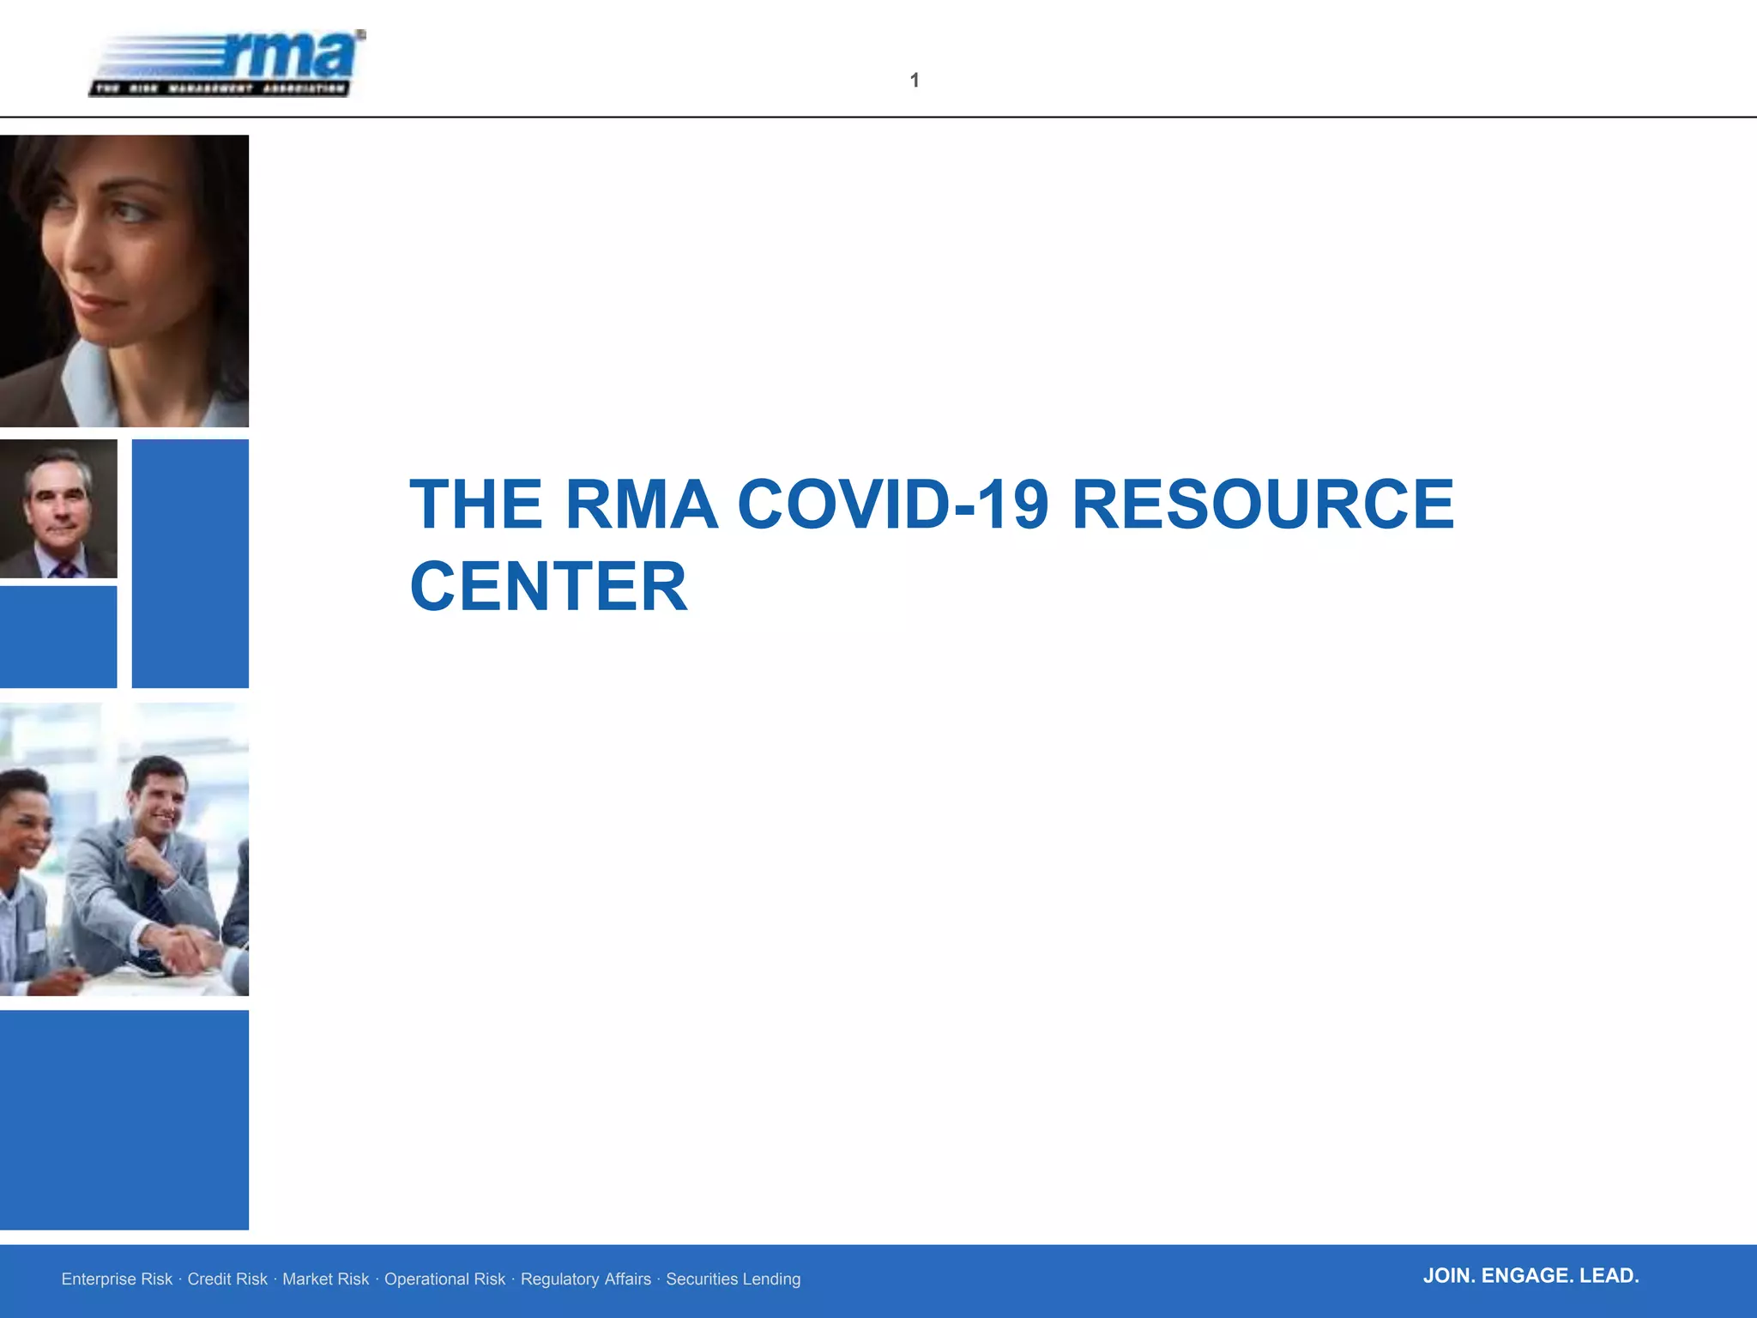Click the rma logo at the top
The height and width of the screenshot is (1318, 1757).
point(227,63)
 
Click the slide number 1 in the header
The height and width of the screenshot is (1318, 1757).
point(915,81)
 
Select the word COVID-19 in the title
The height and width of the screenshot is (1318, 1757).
point(892,505)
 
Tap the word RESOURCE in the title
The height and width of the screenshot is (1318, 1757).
point(1263,505)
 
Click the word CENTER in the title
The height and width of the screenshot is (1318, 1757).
point(549,587)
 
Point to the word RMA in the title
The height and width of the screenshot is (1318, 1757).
point(641,505)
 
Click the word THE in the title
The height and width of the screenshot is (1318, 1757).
point(476,505)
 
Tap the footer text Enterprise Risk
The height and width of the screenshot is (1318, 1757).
point(117,1279)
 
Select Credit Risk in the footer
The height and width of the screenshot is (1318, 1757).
point(227,1279)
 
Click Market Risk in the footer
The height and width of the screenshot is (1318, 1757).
point(325,1279)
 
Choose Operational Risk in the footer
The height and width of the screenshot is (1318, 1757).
point(444,1279)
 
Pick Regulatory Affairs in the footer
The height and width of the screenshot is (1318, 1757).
point(586,1279)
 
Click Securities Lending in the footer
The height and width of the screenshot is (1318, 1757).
point(733,1279)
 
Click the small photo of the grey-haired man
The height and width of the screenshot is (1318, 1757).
point(58,508)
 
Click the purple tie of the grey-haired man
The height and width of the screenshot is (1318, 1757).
point(63,569)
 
